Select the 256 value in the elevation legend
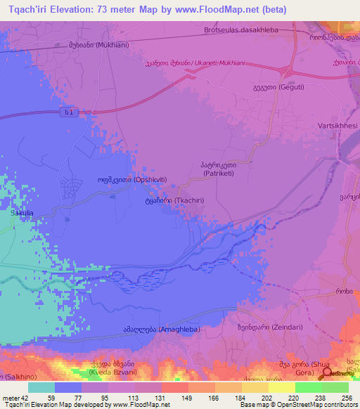point(347,397)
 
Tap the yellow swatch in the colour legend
point(281,387)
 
